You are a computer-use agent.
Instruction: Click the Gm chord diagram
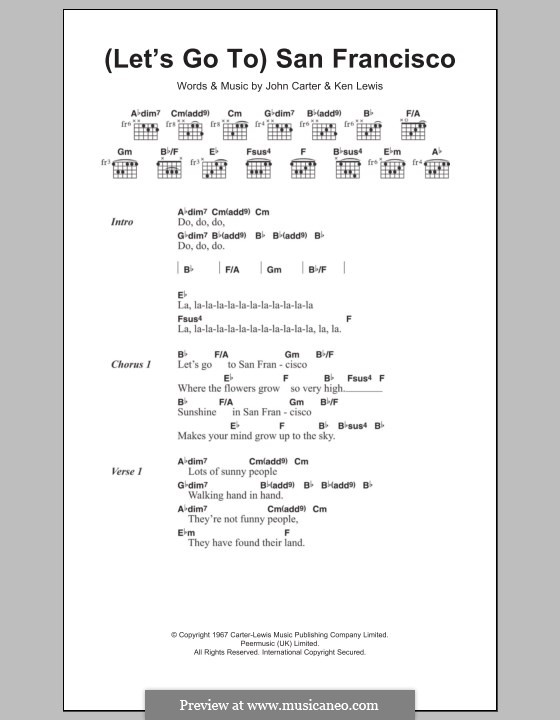[x=124, y=169]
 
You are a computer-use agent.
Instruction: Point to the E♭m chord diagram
[x=392, y=169]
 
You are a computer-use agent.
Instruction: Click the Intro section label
[x=122, y=222]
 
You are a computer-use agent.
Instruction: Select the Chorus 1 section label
[x=130, y=365]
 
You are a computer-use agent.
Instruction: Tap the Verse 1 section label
[x=127, y=470]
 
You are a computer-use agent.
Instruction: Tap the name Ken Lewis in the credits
[x=361, y=86]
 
